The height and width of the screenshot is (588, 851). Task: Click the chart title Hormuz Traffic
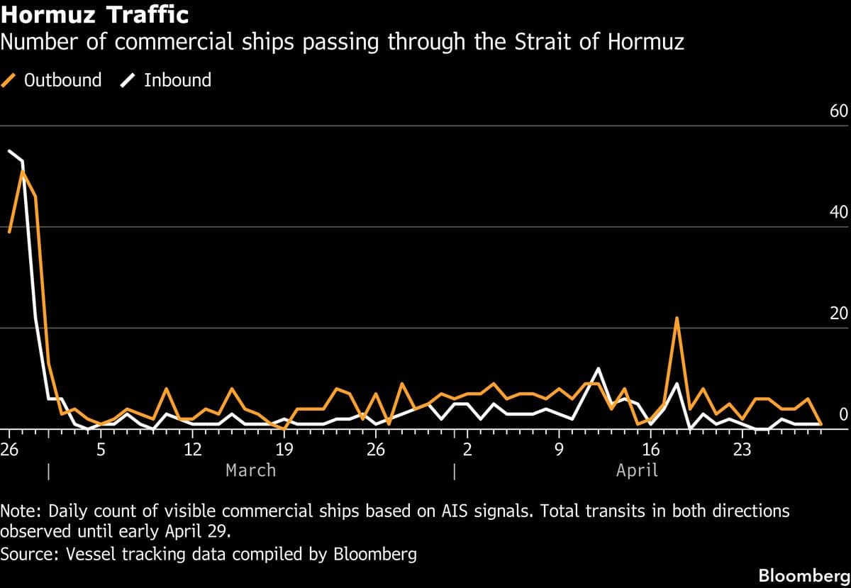[x=94, y=13]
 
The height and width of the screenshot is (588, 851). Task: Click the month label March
[x=250, y=470]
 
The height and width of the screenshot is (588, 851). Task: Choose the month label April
[x=637, y=470]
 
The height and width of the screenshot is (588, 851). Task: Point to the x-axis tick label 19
[x=284, y=449]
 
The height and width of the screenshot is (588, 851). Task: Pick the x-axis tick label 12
[x=192, y=449]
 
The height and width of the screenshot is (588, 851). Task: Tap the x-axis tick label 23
[x=742, y=449]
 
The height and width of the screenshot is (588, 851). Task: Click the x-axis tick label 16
[x=650, y=449]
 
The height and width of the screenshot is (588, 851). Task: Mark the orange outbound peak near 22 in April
[x=677, y=318]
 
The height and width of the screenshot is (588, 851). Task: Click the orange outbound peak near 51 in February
[x=23, y=171]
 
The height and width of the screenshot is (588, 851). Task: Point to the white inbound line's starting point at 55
[x=9, y=150]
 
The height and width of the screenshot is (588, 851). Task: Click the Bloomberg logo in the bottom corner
[x=803, y=575]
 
